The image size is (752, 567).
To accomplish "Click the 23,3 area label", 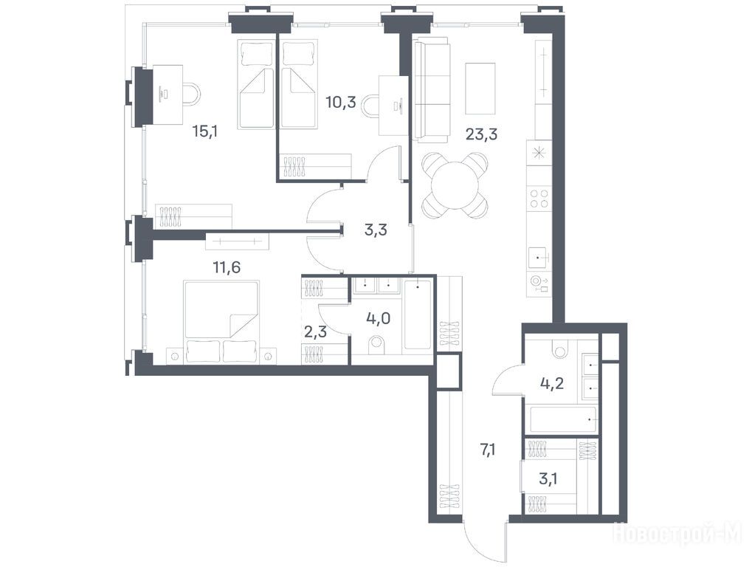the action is (481, 134).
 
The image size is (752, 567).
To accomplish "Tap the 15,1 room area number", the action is (205, 131).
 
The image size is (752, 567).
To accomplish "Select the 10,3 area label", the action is (341, 102).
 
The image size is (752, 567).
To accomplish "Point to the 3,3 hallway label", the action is (376, 230).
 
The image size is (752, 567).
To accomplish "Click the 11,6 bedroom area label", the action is (227, 267).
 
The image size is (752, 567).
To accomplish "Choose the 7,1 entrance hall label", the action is (487, 450).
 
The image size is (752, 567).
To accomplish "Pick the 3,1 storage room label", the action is (548, 478).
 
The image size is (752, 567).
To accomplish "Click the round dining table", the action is (455, 185).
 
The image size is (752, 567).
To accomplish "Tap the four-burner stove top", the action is (539, 199).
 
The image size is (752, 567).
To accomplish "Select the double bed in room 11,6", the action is (221, 323).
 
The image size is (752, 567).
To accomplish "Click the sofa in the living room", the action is (432, 90).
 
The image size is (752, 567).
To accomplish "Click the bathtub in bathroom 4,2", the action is (563, 420).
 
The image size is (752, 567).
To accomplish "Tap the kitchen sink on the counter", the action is (539, 258).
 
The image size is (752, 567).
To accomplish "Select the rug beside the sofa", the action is (480, 89).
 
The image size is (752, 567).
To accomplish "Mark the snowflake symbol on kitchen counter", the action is (539, 153).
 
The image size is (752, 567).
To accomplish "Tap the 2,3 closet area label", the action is (316, 331).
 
